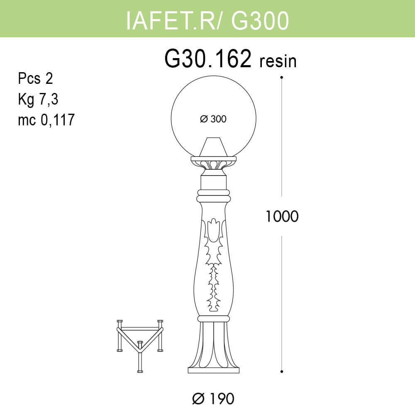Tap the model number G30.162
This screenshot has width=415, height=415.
(208, 60)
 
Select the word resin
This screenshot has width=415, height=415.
(278, 62)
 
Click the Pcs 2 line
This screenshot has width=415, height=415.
(36, 78)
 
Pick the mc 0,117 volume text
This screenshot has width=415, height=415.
(46, 120)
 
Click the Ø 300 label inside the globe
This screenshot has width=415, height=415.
(213, 119)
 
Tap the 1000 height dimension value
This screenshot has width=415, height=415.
(282, 216)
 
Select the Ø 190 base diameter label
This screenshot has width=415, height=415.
(213, 399)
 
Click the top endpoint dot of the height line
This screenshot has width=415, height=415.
(282, 77)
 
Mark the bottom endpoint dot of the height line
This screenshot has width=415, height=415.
(282, 371)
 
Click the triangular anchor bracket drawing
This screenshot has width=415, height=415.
(139, 340)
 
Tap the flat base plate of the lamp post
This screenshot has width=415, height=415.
(213, 370)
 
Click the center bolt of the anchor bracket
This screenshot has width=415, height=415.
(139, 344)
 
